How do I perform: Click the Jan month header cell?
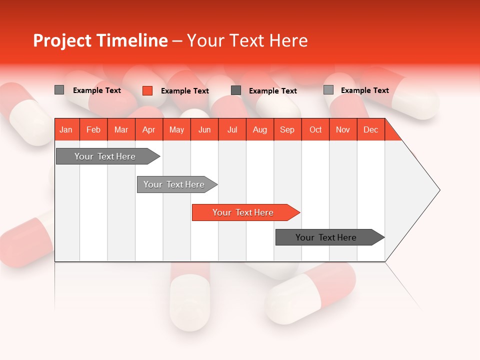tap(66, 129)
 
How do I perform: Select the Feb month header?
tap(93, 129)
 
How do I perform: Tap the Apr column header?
tap(148, 129)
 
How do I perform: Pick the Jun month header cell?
tap(204, 129)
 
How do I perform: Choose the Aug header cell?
tap(259, 129)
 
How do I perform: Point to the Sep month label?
tap(287, 129)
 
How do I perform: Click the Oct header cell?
tap(315, 129)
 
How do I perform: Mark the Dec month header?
tap(370, 129)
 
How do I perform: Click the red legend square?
tap(147, 90)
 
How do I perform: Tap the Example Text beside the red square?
tap(184, 91)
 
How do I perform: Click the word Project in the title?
tap(62, 40)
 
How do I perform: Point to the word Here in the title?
tap(288, 40)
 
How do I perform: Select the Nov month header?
tap(342, 129)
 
